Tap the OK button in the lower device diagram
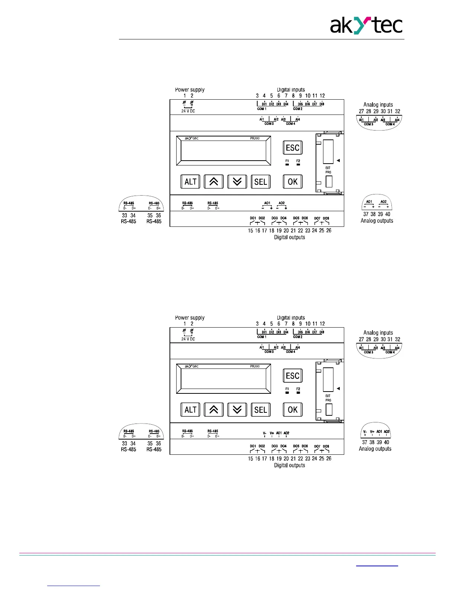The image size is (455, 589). click(x=293, y=409)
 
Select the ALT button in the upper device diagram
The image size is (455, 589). click(x=190, y=181)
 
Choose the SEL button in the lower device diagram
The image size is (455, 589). click(x=261, y=409)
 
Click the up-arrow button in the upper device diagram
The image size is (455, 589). click(x=214, y=181)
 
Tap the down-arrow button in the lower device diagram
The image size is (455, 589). click(x=237, y=409)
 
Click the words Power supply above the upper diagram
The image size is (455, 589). click(x=190, y=90)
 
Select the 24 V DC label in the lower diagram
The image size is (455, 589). click(x=188, y=339)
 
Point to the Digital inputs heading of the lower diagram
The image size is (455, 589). click(x=291, y=318)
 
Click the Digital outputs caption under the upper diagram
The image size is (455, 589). click(x=289, y=237)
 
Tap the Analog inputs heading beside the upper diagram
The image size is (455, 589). click(x=378, y=105)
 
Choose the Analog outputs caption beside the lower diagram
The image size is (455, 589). click(x=375, y=449)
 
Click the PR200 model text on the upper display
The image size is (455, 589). click(x=255, y=138)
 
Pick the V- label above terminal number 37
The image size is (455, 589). click(x=365, y=432)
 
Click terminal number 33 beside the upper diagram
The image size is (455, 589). click(x=125, y=215)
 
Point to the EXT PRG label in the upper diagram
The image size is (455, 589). click(x=328, y=170)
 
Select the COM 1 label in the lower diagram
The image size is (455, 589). click(x=262, y=337)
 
